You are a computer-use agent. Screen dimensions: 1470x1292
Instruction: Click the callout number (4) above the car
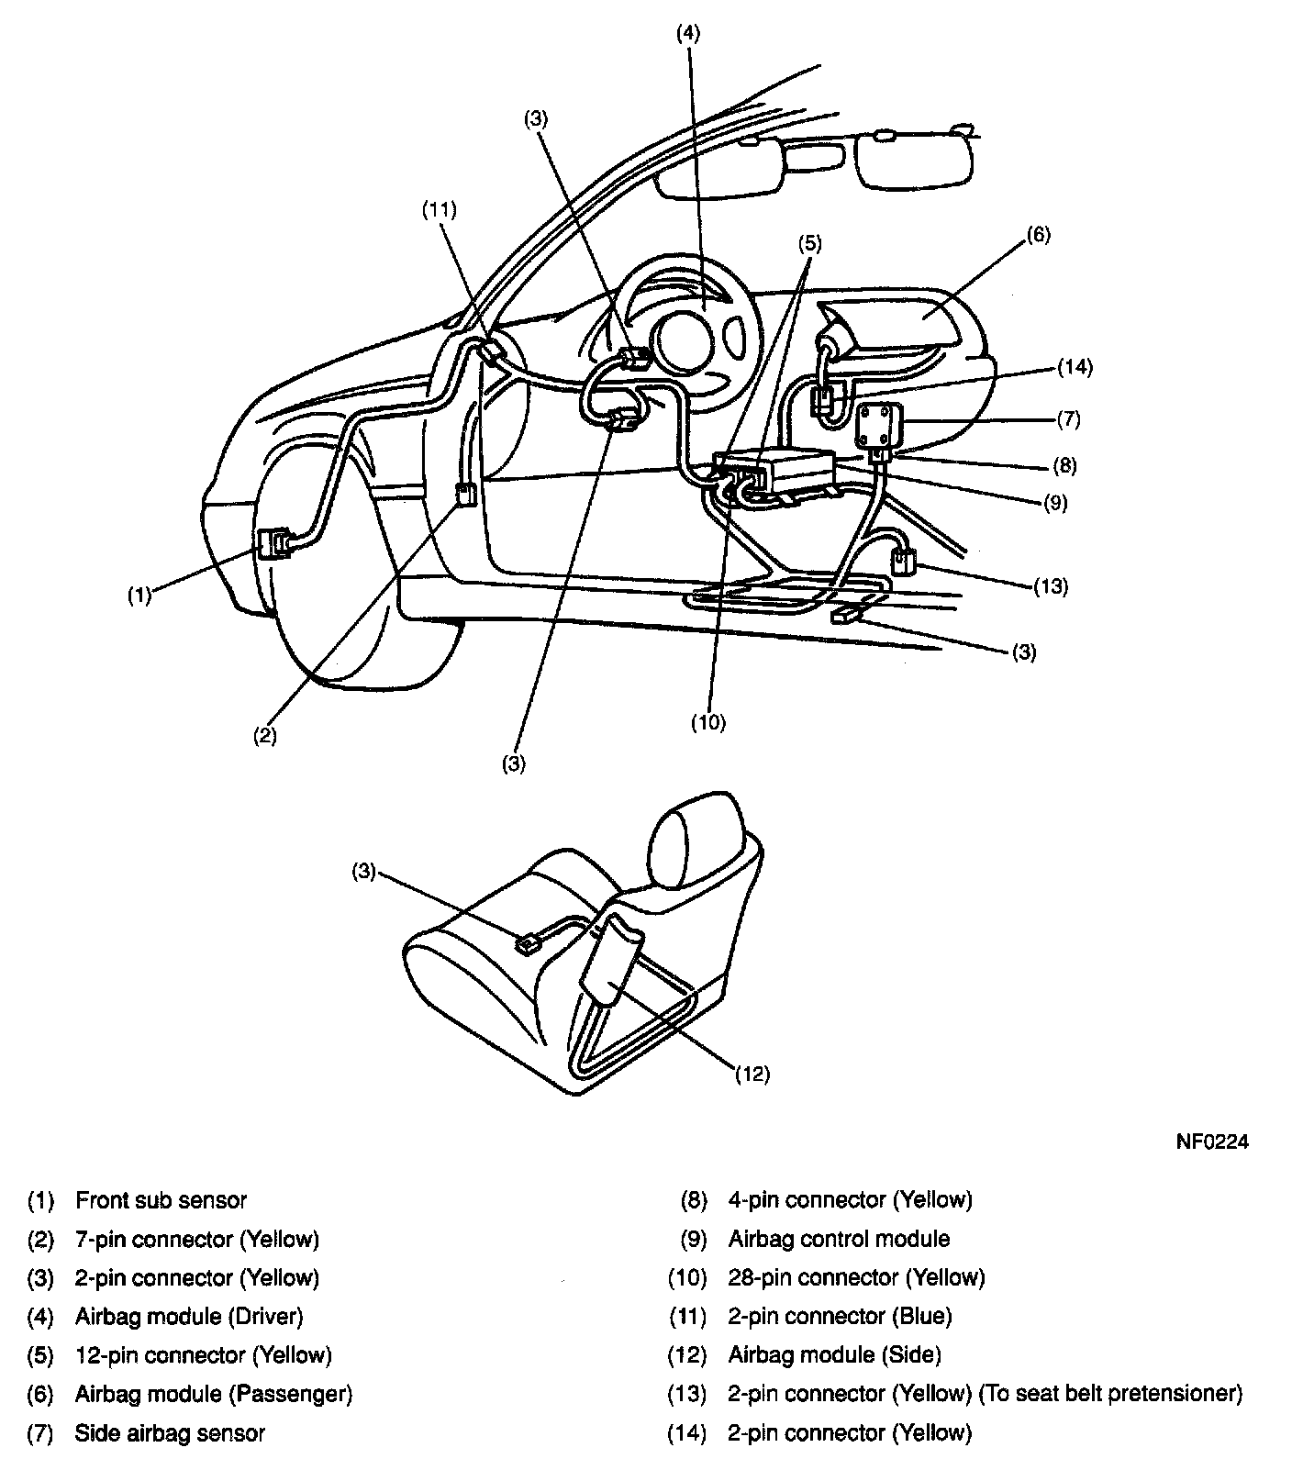687,34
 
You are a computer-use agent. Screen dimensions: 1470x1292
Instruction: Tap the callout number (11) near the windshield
439,209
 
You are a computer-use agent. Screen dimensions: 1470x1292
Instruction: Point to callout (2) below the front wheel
265,735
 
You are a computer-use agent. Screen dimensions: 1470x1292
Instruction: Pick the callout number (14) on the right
1075,367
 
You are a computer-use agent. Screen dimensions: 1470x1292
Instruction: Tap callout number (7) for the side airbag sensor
1069,420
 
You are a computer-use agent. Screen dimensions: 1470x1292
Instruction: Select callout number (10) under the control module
708,722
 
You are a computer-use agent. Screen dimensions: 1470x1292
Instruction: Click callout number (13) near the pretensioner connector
1051,585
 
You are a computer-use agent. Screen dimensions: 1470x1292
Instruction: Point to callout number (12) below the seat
752,1074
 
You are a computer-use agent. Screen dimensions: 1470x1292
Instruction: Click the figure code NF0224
1212,1142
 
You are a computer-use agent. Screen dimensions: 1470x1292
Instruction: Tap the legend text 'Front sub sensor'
161,1199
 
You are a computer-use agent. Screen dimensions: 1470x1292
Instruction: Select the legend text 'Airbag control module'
839,1239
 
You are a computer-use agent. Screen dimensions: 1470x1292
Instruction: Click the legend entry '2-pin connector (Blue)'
840,1316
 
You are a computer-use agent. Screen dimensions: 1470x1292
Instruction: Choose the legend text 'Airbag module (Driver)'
189,1316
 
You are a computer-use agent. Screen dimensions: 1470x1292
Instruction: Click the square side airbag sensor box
878,424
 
